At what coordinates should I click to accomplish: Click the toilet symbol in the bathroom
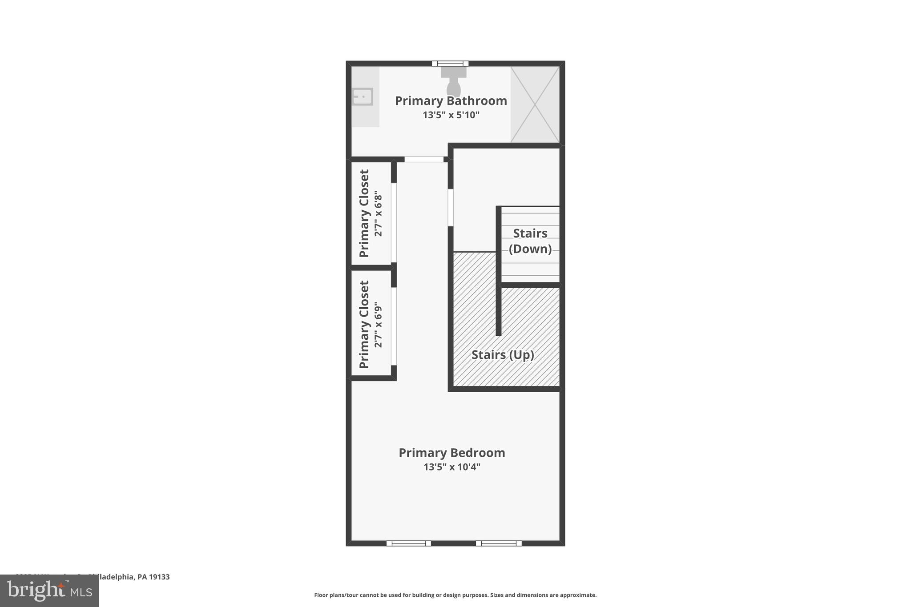(x=453, y=82)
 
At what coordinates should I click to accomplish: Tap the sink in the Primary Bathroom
(x=363, y=96)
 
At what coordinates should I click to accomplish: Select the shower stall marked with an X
(x=535, y=105)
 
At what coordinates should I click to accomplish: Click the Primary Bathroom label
(x=451, y=101)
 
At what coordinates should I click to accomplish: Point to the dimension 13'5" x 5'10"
(x=451, y=115)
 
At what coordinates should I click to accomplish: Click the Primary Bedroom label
(x=451, y=453)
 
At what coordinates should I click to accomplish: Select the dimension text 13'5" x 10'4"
(x=451, y=467)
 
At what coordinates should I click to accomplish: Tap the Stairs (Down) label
(x=530, y=241)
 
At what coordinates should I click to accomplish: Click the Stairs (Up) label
(x=503, y=355)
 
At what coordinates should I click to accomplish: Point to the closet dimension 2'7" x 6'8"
(x=378, y=214)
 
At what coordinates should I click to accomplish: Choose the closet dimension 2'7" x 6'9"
(x=378, y=325)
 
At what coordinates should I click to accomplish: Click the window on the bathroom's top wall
(x=450, y=64)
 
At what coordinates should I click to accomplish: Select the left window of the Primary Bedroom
(x=408, y=543)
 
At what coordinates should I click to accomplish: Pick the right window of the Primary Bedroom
(x=498, y=543)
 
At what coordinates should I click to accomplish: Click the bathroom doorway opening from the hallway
(x=423, y=159)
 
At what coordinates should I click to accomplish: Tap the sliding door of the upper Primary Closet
(x=394, y=222)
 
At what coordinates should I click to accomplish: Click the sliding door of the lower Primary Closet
(x=394, y=326)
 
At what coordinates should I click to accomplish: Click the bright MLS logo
(x=49, y=591)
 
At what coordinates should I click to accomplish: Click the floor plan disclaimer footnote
(x=455, y=595)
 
